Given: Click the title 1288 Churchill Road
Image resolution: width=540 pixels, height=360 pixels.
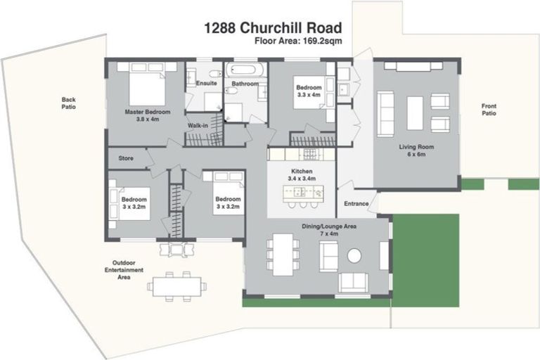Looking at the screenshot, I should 273,28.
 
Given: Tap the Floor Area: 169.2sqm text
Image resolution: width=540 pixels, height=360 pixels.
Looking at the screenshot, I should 299,41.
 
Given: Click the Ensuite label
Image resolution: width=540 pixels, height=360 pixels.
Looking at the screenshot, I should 206,83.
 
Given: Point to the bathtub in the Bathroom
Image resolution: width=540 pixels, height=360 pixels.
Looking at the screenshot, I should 245,70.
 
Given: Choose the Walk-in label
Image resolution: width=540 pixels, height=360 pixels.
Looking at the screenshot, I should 198,125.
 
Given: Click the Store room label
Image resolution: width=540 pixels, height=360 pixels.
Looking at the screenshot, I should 126,158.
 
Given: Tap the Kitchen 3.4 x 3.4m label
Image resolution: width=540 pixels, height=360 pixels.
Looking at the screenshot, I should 302,175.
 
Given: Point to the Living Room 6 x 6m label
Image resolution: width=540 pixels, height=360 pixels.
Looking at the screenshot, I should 416,150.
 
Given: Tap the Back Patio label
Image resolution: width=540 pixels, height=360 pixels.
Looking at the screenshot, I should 68,103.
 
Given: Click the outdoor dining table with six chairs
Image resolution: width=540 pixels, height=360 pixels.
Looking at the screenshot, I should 178,285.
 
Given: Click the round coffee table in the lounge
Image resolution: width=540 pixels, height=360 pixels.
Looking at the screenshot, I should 354,255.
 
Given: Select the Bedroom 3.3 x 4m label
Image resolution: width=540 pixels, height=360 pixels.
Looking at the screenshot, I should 308,91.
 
